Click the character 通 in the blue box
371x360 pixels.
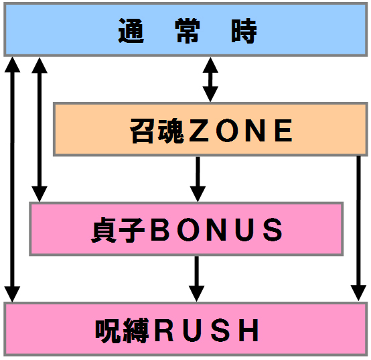click(131, 31)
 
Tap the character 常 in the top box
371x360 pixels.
click(188, 31)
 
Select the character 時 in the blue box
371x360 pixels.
click(244, 31)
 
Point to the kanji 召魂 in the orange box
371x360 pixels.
click(157, 131)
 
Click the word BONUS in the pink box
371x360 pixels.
click(216, 229)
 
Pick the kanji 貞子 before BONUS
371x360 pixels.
click(118, 230)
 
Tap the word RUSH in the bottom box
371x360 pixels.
click(206, 330)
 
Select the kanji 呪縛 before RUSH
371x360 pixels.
click(122, 330)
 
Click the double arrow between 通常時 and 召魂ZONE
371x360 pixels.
click(210, 79)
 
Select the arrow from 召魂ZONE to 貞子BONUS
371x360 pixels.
click(198, 179)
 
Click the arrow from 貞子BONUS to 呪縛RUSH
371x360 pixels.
click(196, 279)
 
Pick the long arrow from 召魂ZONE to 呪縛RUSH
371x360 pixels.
click(359, 229)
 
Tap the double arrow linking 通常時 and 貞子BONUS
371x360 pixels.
click(40, 129)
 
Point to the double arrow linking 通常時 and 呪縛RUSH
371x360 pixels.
click(12, 180)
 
